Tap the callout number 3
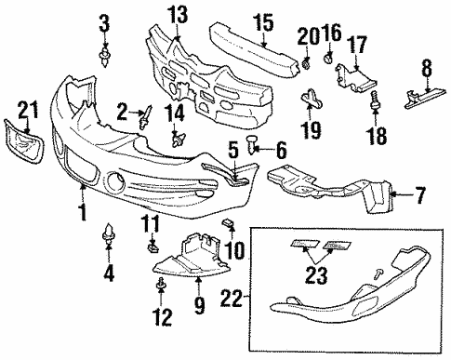pos(104,21)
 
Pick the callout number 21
pos(26,113)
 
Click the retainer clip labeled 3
pos(104,57)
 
